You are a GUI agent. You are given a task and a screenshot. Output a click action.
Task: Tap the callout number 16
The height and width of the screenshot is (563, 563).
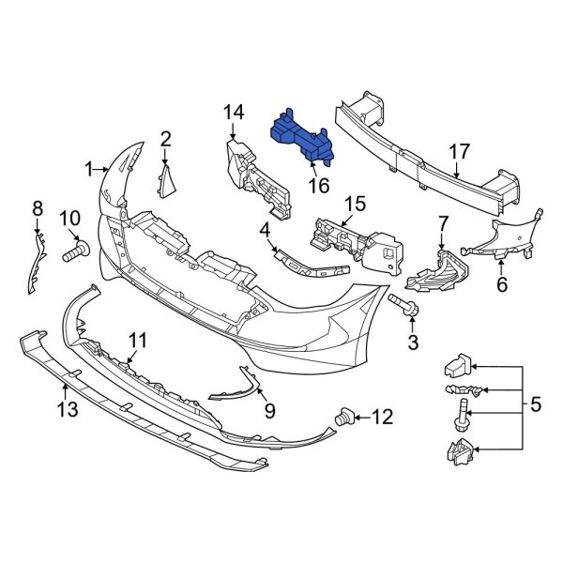319,186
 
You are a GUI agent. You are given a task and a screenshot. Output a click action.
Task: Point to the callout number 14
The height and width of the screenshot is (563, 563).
234,113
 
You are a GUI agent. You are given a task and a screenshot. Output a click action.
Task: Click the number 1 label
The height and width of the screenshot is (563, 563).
89,170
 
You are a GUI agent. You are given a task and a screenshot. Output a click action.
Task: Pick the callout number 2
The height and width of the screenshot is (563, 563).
165,140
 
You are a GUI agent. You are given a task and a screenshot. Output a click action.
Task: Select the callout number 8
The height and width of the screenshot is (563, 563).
38,207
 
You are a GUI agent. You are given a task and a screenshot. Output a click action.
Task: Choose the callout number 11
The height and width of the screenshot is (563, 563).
138,340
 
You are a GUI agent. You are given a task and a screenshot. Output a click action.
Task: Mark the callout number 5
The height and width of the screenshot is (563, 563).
536,405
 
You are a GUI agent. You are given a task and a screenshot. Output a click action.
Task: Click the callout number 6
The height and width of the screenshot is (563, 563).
502,283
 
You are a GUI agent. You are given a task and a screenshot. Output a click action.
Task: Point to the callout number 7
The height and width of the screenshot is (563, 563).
444,224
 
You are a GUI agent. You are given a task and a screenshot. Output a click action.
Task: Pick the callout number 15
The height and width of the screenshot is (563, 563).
354,205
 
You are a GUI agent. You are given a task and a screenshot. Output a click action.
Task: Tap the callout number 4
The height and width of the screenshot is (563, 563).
266,229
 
